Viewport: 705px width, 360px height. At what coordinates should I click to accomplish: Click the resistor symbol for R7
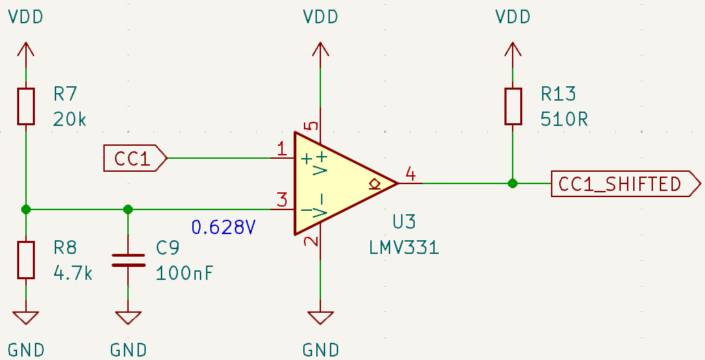(26, 106)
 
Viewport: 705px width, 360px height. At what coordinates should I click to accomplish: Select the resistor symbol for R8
(26, 259)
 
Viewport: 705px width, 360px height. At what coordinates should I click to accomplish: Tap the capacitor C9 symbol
(128, 259)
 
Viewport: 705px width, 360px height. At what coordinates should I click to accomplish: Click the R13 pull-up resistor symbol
(513, 106)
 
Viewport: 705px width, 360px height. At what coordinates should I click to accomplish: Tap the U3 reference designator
(404, 222)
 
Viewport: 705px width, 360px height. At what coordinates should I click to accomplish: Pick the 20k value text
(70, 119)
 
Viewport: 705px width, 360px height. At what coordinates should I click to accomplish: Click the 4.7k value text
(73, 272)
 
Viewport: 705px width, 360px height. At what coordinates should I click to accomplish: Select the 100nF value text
(185, 272)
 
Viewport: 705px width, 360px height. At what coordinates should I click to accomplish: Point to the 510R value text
(565, 119)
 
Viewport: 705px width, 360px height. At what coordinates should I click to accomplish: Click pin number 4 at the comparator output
(410, 174)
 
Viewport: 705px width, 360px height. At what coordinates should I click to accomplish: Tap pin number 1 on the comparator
(281, 149)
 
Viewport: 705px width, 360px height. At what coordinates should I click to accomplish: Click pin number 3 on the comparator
(281, 201)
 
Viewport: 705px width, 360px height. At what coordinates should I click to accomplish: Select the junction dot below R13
(513, 183)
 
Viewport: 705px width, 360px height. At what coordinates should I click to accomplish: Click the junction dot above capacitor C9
(128, 209)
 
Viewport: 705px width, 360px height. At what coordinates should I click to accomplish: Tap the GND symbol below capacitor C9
(128, 318)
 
